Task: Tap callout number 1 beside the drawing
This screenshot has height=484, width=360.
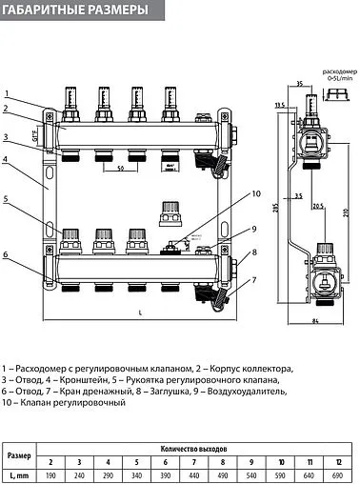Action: coord(7,92)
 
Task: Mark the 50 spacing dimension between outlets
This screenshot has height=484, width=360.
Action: coord(120,168)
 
